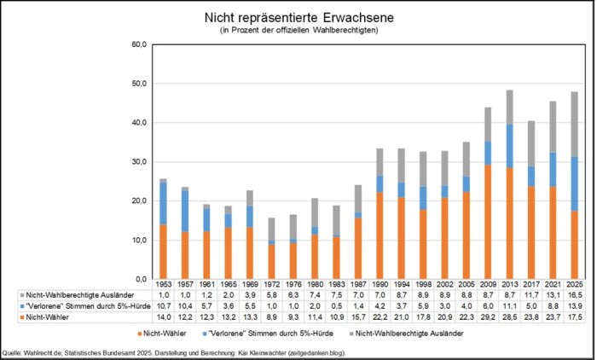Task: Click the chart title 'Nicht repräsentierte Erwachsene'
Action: click(x=298, y=17)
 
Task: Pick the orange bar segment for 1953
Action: click(x=162, y=252)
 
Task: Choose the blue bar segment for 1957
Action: click(x=184, y=211)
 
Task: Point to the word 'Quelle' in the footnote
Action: click(x=15, y=351)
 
